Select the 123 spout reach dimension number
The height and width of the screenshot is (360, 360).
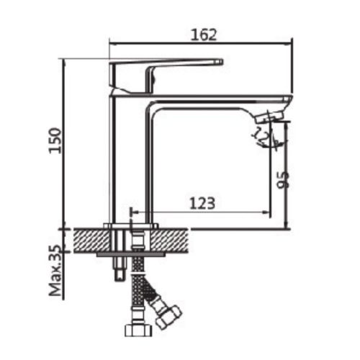[202, 203]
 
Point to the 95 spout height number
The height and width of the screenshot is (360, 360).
[282, 179]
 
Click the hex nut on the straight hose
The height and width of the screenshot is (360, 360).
[137, 330]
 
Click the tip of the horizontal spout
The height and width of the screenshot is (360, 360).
[288, 100]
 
